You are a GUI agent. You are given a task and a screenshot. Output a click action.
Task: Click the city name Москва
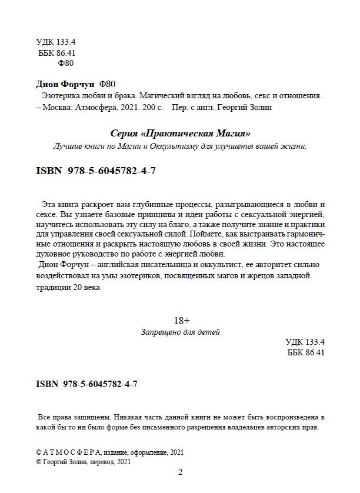[x=60, y=108]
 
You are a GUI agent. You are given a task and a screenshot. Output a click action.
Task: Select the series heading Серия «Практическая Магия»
[x=181, y=134]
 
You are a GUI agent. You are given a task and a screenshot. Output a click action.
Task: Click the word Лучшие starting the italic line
[x=67, y=145]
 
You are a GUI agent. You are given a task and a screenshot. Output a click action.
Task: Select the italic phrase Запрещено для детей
[x=181, y=332]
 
